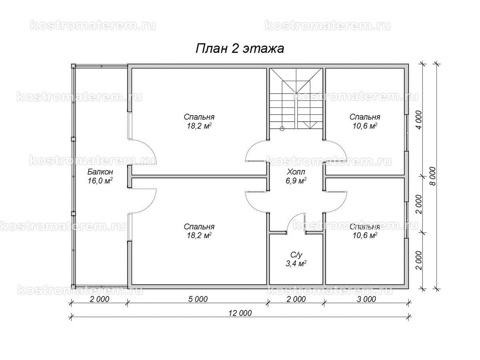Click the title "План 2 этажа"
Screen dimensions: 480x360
point(240,49)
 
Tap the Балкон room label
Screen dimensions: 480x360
point(100,172)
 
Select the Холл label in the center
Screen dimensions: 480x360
point(296,172)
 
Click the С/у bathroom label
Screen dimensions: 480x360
point(296,255)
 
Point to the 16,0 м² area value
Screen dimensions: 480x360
point(100,181)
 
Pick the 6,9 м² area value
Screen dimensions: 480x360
point(296,181)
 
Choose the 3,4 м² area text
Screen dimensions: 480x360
point(296,264)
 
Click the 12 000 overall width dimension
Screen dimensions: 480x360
point(240,313)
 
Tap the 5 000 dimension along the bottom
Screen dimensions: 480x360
point(198,299)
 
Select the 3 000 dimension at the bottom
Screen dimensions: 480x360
point(366,299)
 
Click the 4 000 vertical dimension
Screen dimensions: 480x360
point(418,120)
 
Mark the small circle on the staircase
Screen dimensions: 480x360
point(282,129)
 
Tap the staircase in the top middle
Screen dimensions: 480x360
point(296,98)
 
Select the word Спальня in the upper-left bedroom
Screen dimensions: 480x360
point(199,117)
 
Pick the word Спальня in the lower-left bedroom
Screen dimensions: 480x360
point(199,227)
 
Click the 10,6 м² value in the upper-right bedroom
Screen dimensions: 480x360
point(365,126)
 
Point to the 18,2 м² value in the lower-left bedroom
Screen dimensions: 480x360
point(199,236)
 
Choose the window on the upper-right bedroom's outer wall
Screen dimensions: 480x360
point(407,133)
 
